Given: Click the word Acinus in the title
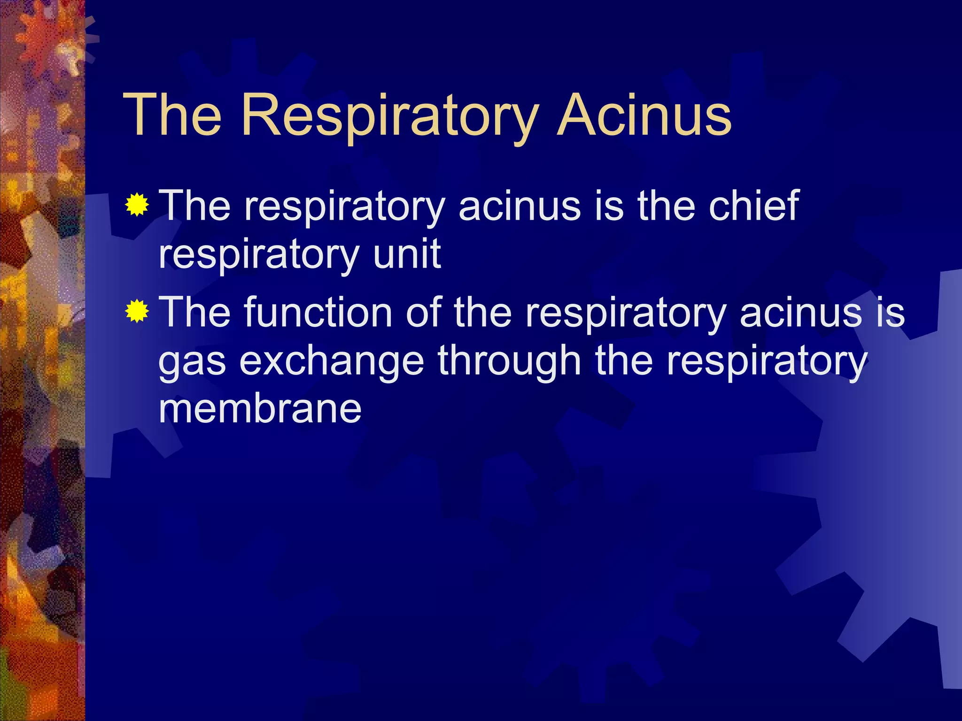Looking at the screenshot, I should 644,115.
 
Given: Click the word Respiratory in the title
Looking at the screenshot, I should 389,115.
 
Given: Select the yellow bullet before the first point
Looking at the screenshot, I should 137,205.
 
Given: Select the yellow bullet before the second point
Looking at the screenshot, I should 137,311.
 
